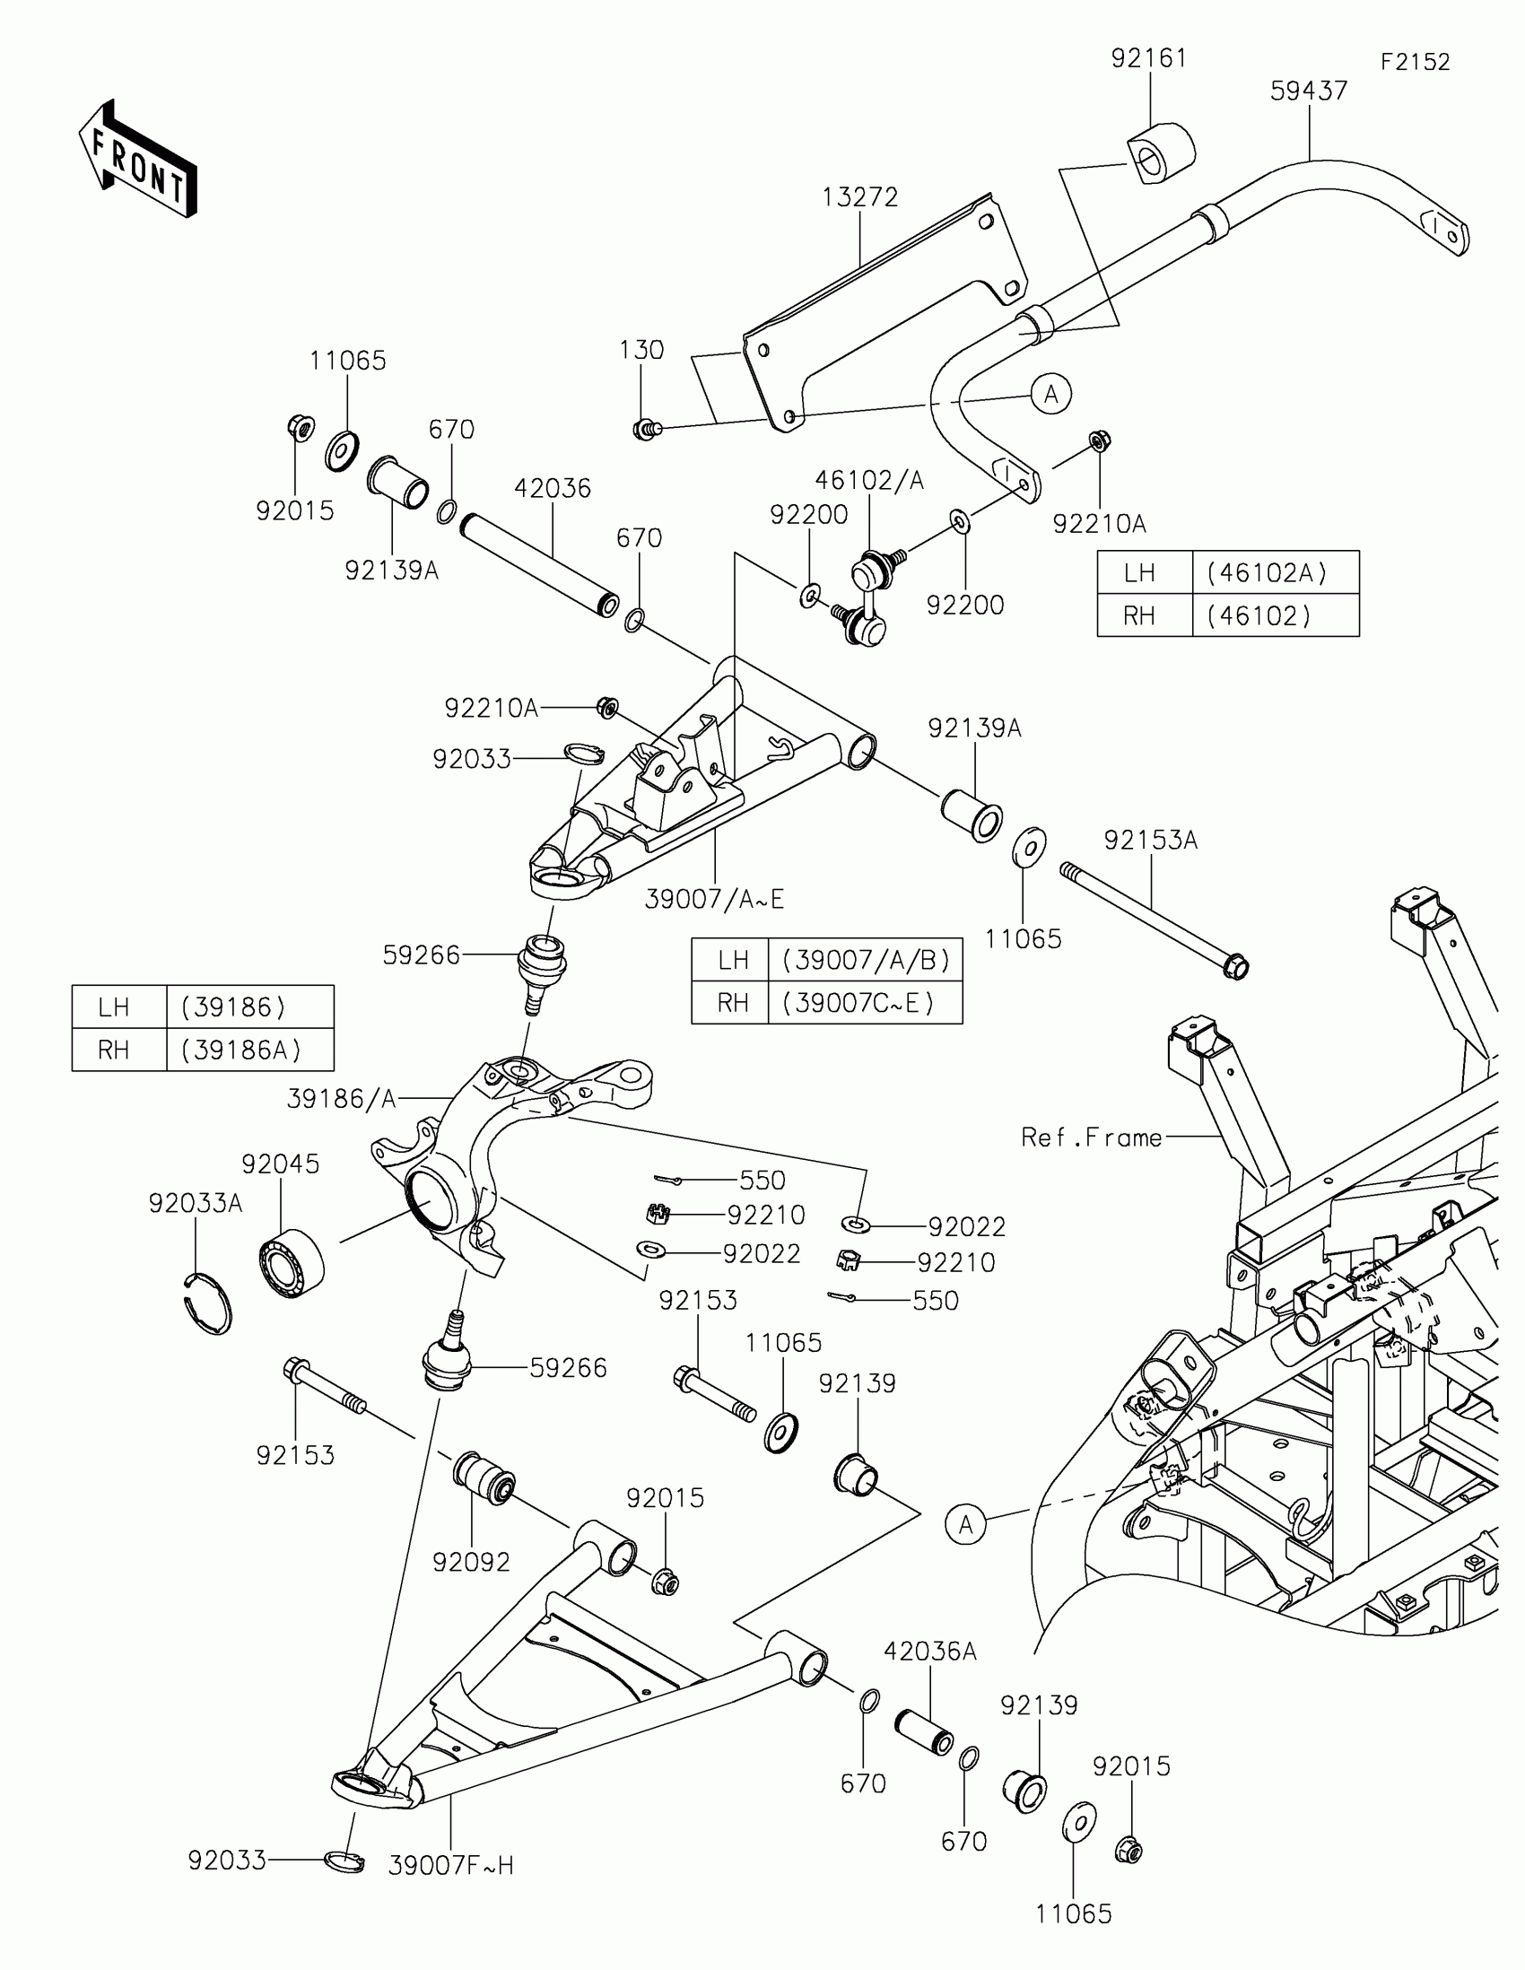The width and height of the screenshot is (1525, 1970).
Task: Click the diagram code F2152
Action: [x=1415, y=62]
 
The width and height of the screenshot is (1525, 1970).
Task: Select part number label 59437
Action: [x=1309, y=92]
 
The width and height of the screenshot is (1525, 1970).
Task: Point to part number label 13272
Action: [x=860, y=197]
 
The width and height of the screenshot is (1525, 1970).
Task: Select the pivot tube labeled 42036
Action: [x=539, y=565]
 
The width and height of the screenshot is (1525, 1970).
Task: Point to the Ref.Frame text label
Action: [x=1091, y=1138]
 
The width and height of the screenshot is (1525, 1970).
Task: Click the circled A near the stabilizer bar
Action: [x=1050, y=394]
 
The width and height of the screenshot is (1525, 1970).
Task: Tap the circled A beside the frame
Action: [x=966, y=1524]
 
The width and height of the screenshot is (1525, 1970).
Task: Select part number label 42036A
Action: [x=929, y=1651]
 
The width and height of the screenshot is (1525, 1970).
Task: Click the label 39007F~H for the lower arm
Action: [x=451, y=1864]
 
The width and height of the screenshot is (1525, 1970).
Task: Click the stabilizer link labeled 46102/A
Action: [x=867, y=600]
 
